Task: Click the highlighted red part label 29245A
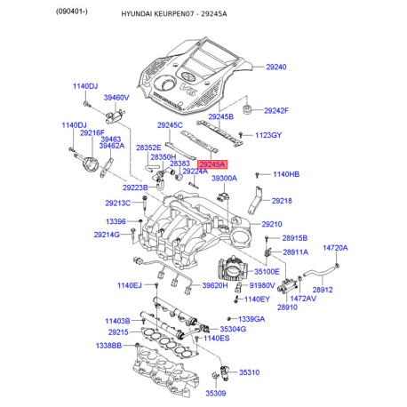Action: click(212, 164)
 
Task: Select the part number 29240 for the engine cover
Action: click(276, 67)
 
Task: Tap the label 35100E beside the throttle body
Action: click(267, 271)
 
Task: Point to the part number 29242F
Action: click(276, 111)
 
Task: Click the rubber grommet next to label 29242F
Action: click(246, 109)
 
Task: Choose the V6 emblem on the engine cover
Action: click(188, 89)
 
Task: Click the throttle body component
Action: click(232, 269)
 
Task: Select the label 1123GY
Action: click(268, 135)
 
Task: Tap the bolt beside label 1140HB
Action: click(257, 175)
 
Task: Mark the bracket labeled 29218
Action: click(255, 200)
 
